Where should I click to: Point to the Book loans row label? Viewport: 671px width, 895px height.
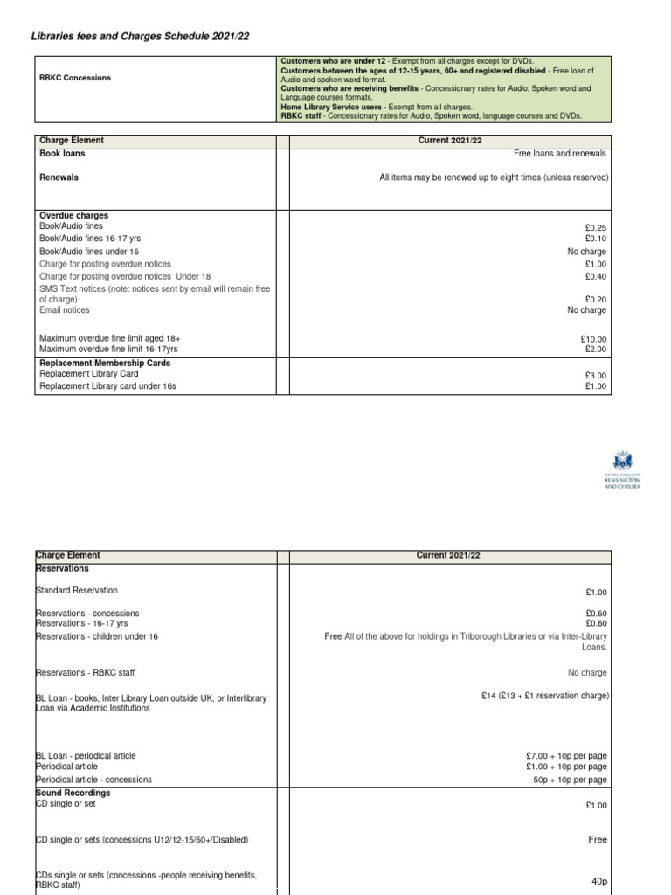point(63,154)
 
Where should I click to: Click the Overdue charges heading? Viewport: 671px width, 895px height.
point(74,215)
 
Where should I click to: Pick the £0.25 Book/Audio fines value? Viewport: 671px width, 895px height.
point(595,227)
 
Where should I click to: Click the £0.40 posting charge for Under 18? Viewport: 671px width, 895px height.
point(595,276)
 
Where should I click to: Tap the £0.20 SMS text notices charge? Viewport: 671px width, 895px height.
point(595,299)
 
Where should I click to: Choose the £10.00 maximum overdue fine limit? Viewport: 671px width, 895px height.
point(592,338)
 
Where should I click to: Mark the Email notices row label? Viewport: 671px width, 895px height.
point(65,310)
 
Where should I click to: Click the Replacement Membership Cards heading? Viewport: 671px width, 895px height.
point(105,363)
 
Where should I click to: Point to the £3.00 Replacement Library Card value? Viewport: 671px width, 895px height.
point(595,376)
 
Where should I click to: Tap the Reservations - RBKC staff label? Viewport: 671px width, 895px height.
point(85,672)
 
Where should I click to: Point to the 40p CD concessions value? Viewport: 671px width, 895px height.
point(598,882)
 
